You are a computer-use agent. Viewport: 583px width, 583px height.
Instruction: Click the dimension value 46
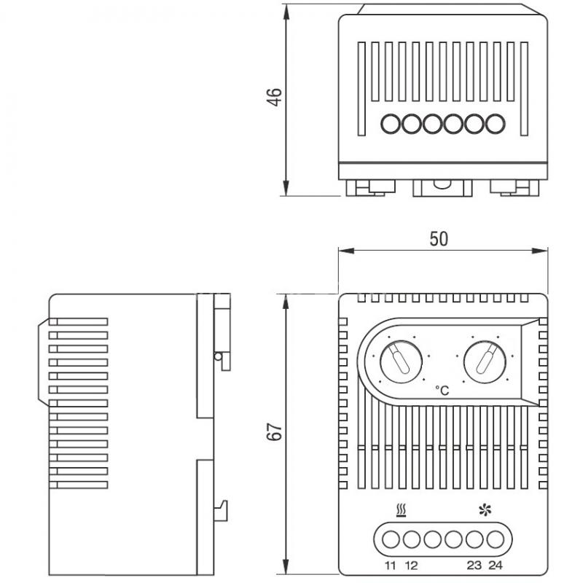coord(275,98)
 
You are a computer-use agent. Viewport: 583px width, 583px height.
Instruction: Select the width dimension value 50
coord(439,239)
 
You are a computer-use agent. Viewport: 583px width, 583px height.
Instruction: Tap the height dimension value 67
coord(275,431)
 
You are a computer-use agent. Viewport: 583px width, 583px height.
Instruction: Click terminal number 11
coord(390,566)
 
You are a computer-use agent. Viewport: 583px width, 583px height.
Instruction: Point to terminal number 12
coord(411,566)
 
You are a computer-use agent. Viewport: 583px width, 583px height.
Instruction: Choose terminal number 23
coord(474,566)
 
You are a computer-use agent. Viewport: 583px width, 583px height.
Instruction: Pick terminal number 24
coord(496,566)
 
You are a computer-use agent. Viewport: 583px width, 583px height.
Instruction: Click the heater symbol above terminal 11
coord(402,511)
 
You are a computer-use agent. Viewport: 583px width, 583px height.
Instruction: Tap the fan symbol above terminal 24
coord(485,510)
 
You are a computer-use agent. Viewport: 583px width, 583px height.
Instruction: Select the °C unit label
coord(442,391)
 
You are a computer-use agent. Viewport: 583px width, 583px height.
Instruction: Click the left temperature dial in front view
coord(401,361)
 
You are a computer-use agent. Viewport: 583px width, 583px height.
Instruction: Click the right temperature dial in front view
coord(485,361)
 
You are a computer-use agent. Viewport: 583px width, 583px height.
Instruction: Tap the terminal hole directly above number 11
coord(391,539)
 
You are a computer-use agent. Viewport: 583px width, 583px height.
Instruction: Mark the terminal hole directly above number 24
coord(496,539)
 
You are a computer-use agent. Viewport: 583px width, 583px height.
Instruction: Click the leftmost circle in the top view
coord(391,124)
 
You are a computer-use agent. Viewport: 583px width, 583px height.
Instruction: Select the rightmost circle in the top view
coord(496,124)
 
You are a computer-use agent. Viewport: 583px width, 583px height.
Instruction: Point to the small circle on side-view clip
coord(218,357)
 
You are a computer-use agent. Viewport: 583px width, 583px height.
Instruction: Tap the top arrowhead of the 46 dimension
coord(286,12)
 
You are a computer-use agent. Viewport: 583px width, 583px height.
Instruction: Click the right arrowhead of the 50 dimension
coord(540,251)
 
